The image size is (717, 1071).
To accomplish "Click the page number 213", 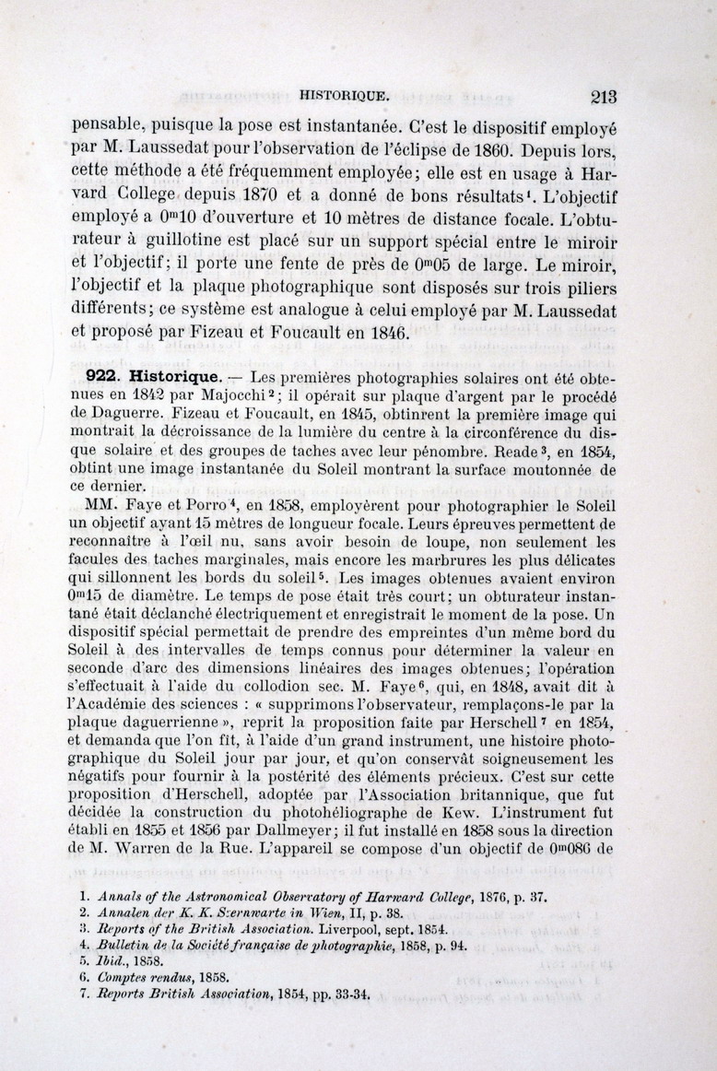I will [x=599, y=96].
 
